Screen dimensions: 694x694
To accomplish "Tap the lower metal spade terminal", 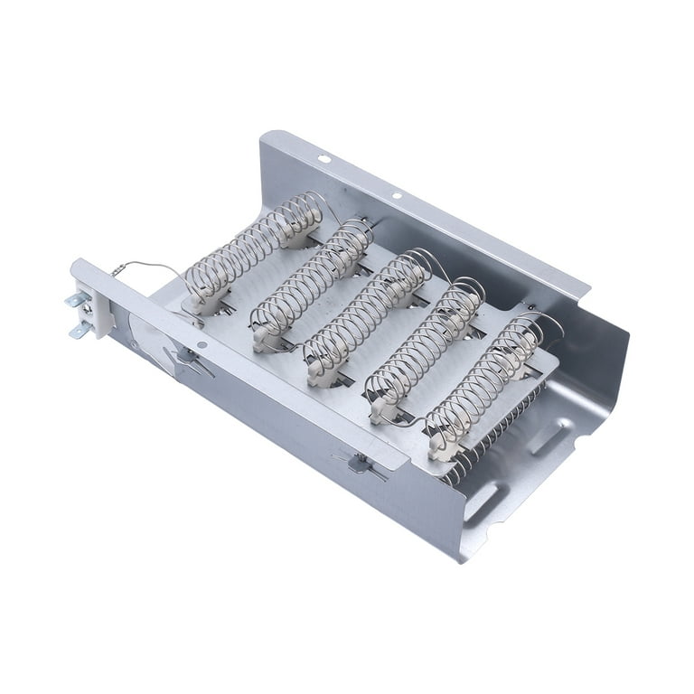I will [x=79, y=331].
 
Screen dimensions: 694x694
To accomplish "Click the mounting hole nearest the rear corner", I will [x=324, y=159].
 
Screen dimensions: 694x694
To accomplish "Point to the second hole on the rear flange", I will [x=396, y=194].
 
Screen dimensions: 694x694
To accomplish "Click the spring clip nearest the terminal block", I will [x=190, y=359].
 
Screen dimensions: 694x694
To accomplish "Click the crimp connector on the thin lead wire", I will [x=119, y=268].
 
